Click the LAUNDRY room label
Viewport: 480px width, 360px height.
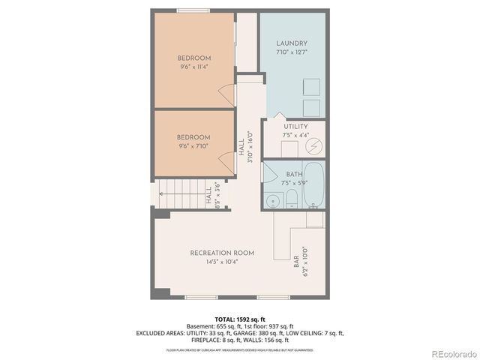(x=292, y=44)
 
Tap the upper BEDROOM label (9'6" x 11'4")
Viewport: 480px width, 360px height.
(x=193, y=58)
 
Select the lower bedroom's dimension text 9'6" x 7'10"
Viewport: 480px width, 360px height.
(x=193, y=146)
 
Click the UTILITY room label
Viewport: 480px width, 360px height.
(x=295, y=127)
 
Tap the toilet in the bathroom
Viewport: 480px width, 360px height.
(x=291, y=199)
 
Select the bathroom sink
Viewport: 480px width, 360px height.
(x=271, y=200)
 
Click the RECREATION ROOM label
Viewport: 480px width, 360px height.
(x=222, y=253)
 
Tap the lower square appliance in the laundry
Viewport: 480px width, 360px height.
(x=311, y=107)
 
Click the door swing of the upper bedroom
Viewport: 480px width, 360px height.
(x=225, y=94)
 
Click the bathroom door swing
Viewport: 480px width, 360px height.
(x=268, y=171)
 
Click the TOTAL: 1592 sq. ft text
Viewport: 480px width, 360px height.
(x=240, y=319)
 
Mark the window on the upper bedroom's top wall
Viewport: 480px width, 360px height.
(x=193, y=10)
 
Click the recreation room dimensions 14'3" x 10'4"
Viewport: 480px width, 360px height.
(x=222, y=262)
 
